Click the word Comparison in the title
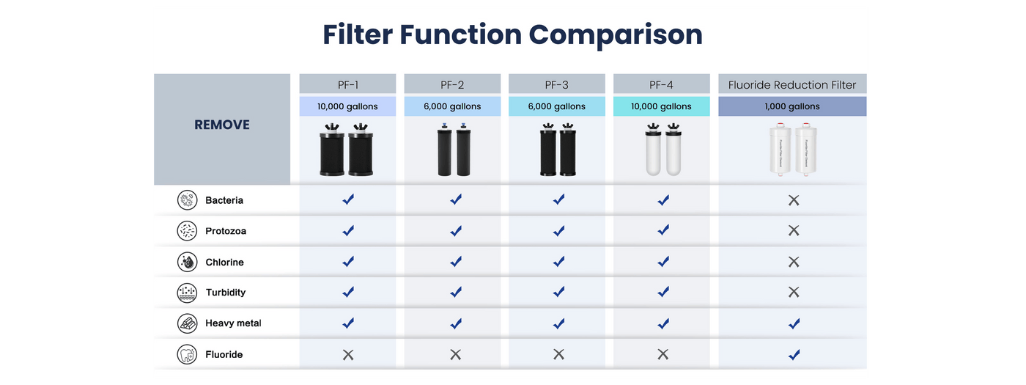[x=615, y=36]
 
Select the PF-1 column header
[x=347, y=85]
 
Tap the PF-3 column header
[x=556, y=85]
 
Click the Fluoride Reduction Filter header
[x=792, y=85]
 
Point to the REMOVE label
[x=221, y=125]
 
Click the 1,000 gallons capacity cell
[x=792, y=106]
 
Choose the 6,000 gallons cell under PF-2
[x=452, y=106]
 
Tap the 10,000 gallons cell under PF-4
[x=661, y=106]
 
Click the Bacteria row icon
[x=187, y=200]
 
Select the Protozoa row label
[x=226, y=231]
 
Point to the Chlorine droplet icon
[x=187, y=262]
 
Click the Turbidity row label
[x=226, y=293]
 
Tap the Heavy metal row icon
[x=187, y=323]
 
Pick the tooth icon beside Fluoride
[x=187, y=354]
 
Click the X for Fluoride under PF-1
[x=348, y=354]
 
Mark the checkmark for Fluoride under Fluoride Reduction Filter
[x=794, y=354]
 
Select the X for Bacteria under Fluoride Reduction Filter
[x=794, y=200]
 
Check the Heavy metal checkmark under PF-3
[x=558, y=323]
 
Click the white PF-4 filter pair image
[x=663, y=150]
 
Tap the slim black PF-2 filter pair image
[x=454, y=150]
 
